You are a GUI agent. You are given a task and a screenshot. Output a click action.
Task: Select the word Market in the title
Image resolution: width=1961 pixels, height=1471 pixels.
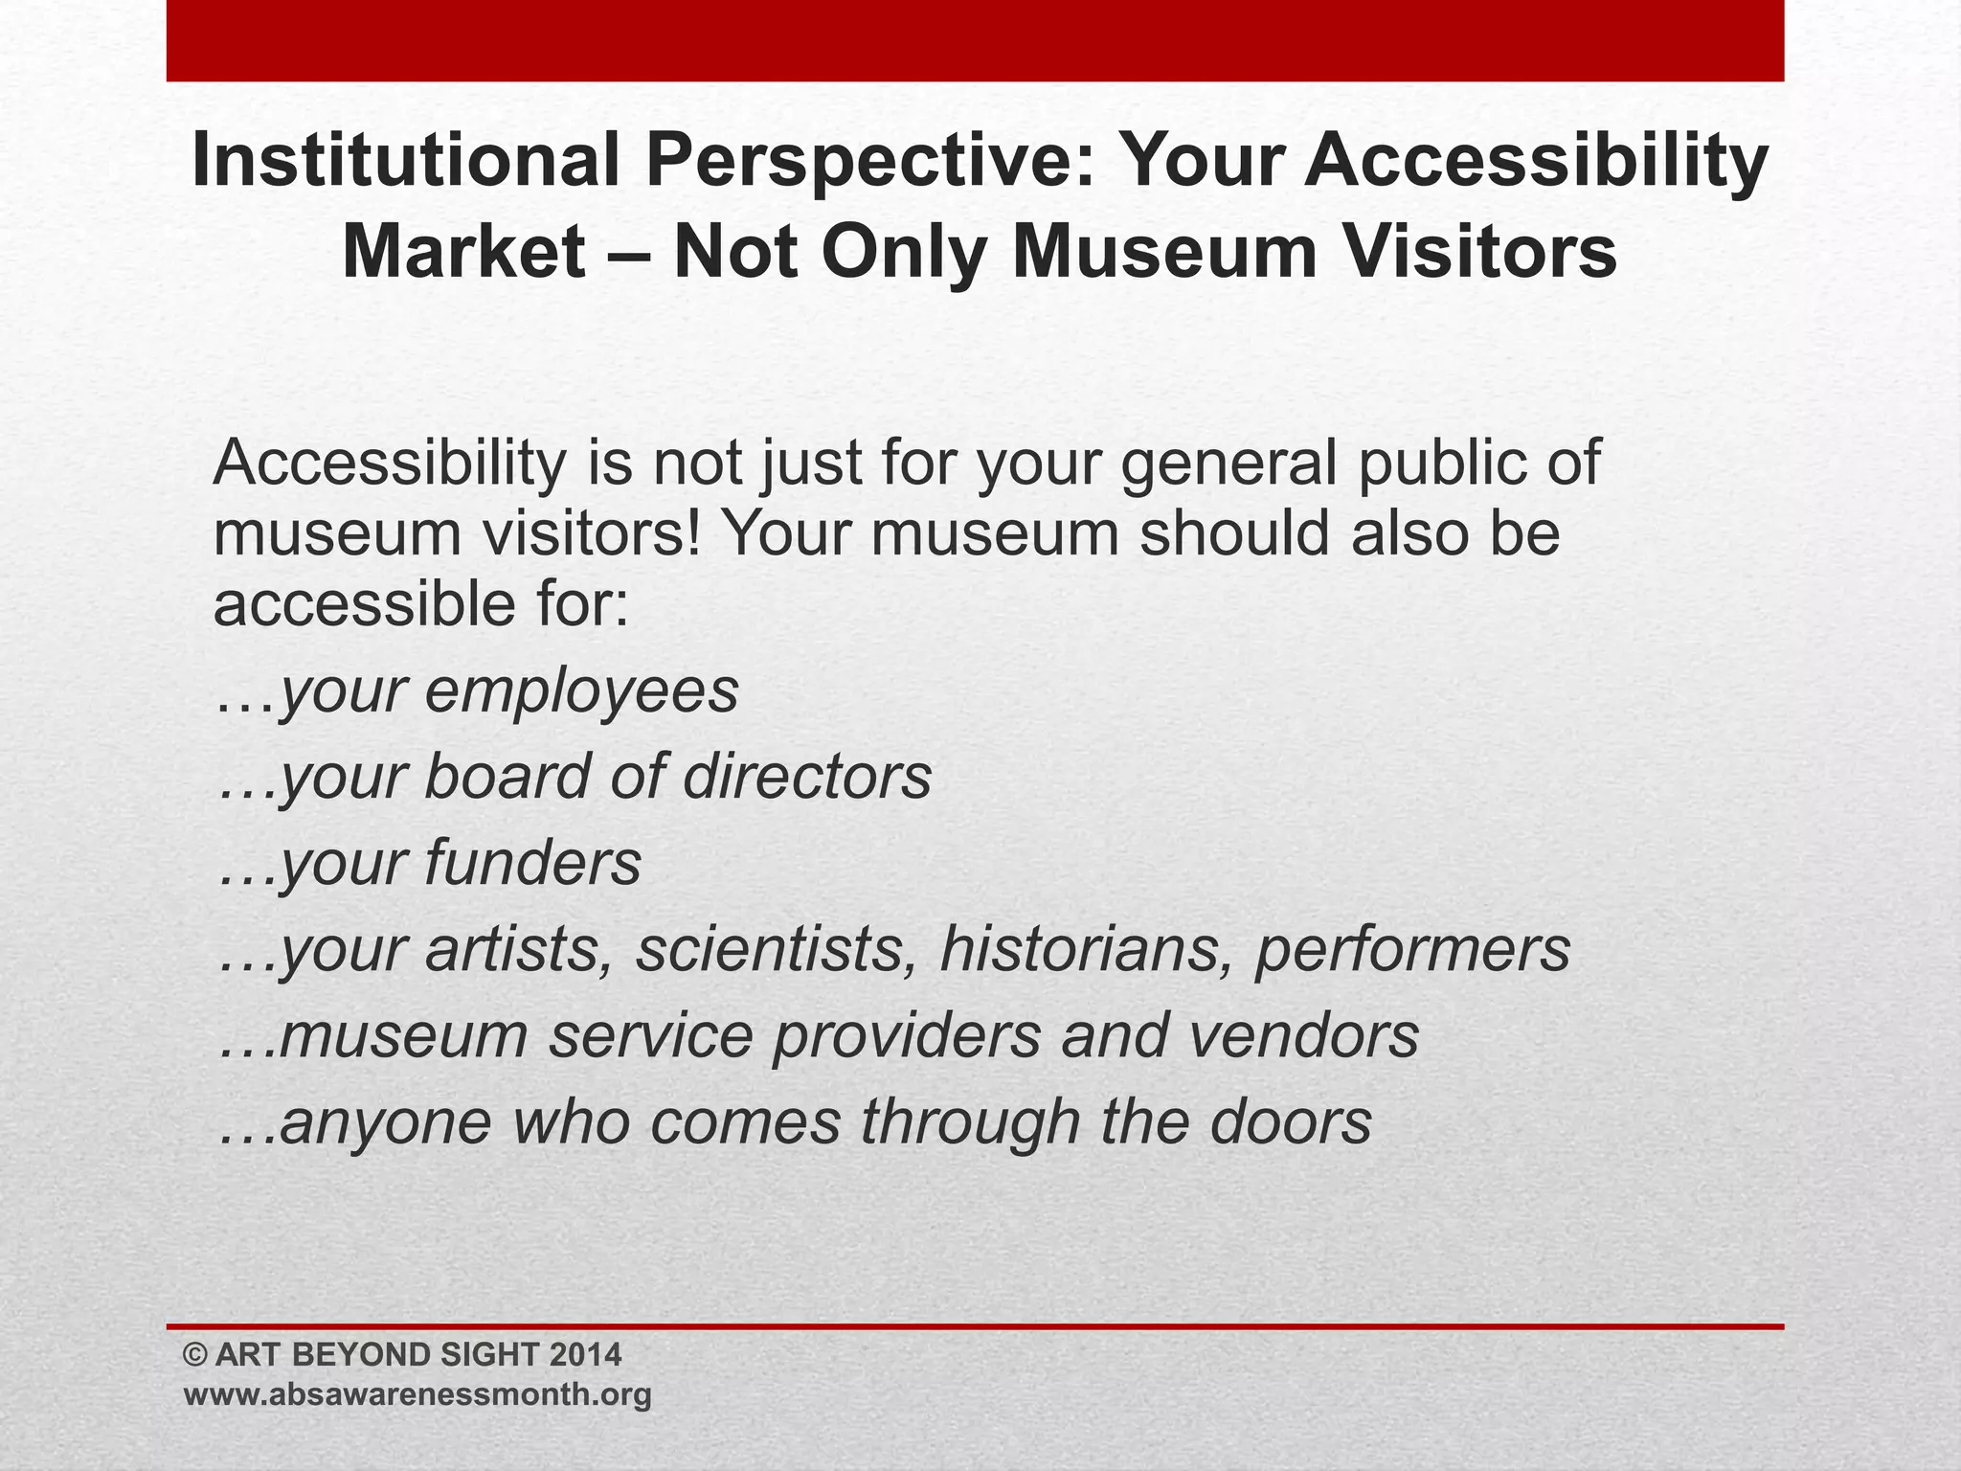click(x=463, y=252)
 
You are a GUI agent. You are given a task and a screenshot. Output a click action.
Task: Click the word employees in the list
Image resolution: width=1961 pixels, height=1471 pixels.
click(x=581, y=691)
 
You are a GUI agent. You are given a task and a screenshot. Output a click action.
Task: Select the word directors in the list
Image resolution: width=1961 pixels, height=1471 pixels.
click(x=806, y=777)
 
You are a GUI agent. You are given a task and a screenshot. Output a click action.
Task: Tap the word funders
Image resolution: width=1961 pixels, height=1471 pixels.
click(x=532, y=863)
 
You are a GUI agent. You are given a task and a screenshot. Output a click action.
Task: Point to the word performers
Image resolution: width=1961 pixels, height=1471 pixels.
click(x=1412, y=949)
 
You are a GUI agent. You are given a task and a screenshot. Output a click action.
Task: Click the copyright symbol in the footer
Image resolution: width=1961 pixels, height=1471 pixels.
click(x=195, y=1355)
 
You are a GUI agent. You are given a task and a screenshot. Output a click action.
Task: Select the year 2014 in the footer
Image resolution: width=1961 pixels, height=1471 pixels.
click(x=586, y=1355)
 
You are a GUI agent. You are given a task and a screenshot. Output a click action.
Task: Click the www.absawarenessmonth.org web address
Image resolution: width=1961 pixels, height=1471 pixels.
click(x=417, y=1395)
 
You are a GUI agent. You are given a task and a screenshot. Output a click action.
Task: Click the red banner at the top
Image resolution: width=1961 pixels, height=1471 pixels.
click(x=975, y=40)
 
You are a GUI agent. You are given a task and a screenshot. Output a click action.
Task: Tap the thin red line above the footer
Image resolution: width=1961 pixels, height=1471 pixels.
click(x=975, y=1326)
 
